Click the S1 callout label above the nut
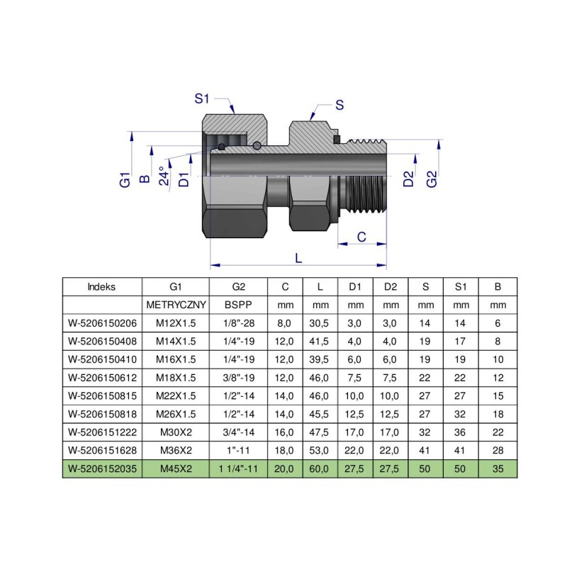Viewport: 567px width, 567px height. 202,99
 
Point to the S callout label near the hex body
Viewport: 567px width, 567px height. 339,106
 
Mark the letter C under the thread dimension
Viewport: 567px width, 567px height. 361,237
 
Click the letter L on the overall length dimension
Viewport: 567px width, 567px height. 298,259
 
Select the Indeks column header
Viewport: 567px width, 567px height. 102,287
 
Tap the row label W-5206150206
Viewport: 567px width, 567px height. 102,322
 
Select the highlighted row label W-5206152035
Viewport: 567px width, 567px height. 102,468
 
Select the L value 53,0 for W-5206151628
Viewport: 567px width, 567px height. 320,449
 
